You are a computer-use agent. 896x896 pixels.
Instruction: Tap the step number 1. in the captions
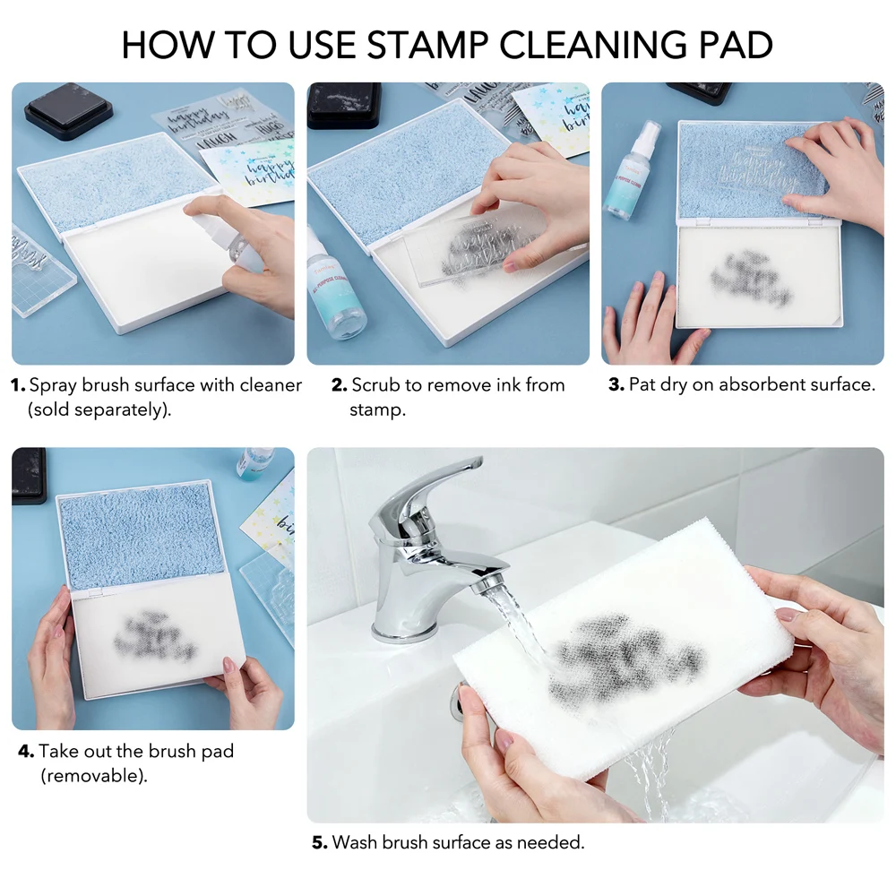pyautogui.click(x=18, y=386)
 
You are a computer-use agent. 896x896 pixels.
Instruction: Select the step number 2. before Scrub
pyautogui.click(x=339, y=386)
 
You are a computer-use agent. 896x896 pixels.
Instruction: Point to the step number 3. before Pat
pyautogui.click(x=616, y=386)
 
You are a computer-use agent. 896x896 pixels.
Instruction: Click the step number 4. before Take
pyautogui.click(x=26, y=751)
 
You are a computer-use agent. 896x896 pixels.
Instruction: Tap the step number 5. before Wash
pyautogui.click(x=320, y=842)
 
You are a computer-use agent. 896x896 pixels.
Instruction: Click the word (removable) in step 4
pyautogui.click(x=93, y=776)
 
